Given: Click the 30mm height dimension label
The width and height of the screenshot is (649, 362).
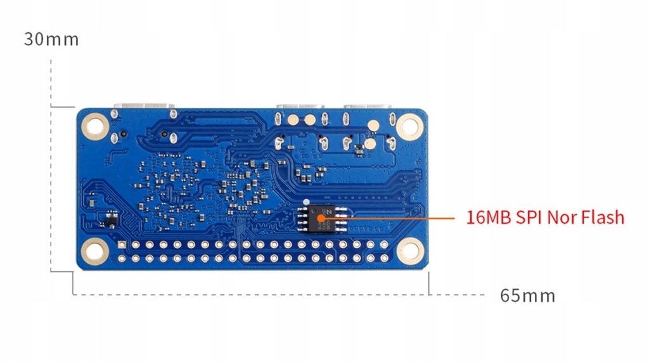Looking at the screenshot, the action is click(51, 39).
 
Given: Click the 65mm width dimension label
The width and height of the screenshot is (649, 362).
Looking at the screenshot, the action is click(527, 295).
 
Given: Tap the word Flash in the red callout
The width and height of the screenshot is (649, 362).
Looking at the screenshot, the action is click(603, 217).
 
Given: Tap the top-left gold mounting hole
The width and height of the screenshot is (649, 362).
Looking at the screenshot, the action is click(95, 126).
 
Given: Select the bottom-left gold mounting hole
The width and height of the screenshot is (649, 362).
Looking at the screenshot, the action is click(95, 251).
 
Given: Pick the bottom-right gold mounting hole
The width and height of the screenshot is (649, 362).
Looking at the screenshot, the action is click(409, 251).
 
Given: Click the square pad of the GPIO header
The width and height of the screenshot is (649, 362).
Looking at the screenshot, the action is click(122, 245).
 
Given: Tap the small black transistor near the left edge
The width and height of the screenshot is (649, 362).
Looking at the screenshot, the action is click(111, 220).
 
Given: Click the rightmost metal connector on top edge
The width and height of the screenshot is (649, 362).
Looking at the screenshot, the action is click(368, 106).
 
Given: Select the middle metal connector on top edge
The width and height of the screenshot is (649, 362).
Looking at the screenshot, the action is click(300, 106).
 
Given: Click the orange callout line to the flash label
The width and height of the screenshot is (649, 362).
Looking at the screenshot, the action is click(390, 217).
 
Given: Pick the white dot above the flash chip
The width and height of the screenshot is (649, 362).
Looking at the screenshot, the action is click(306, 202).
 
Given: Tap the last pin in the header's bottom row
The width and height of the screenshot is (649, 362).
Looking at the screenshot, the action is click(385, 259).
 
